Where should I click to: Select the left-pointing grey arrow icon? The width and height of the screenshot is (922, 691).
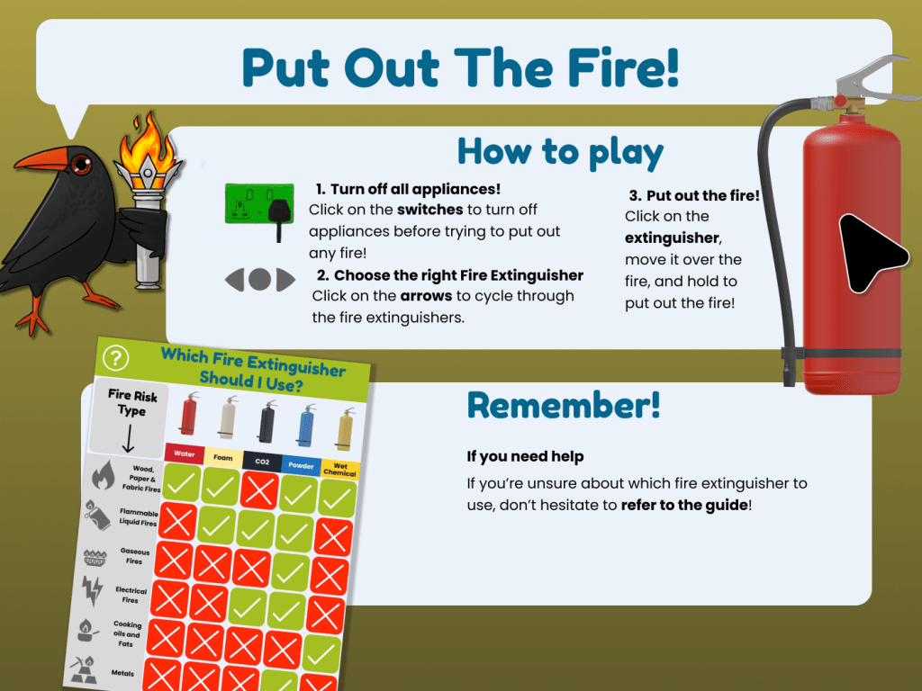[x=235, y=280]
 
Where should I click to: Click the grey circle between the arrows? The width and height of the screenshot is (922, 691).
[x=259, y=280]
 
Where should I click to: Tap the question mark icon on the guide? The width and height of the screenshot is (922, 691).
[x=115, y=357]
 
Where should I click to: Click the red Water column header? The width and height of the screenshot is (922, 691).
[x=185, y=453]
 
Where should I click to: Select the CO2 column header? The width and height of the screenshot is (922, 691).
[x=262, y=462]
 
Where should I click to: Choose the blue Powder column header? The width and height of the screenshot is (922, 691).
[x=301, y=465]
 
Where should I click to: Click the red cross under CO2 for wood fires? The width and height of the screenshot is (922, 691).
[x=259, y=490]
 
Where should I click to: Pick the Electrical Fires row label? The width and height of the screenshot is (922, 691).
[x=131, y=595]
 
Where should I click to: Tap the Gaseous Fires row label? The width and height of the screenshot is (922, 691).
[x=135, y=556]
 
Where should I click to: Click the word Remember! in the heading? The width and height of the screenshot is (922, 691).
[x=564, y=405]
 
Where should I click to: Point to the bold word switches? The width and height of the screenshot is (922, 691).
[x=430, y=210]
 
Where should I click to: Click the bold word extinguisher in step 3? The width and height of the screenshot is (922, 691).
[x=672, y=238]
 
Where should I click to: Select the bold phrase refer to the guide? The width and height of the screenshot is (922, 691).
[x=684, y=505]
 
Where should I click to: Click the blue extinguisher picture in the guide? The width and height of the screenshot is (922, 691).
[x=306, y=426]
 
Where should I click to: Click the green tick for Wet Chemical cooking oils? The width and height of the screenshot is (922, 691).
[x=321, y=653]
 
